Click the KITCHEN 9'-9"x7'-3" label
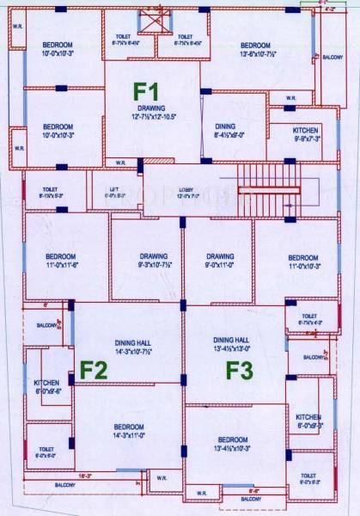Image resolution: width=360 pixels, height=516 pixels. point(295,133)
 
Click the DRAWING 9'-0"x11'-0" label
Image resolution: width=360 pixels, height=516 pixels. point(220,261)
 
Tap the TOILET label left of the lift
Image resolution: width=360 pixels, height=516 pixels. point(50,191)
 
